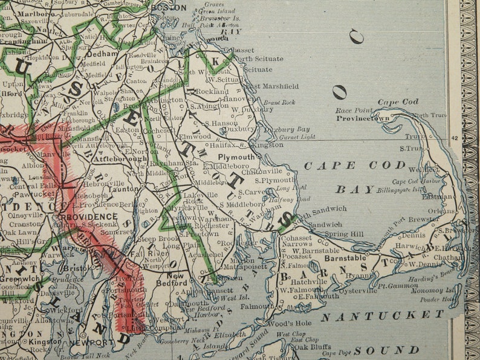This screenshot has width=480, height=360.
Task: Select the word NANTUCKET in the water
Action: [x=382, y=315]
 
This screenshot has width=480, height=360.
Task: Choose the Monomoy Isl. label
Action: [x=437, y=290]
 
